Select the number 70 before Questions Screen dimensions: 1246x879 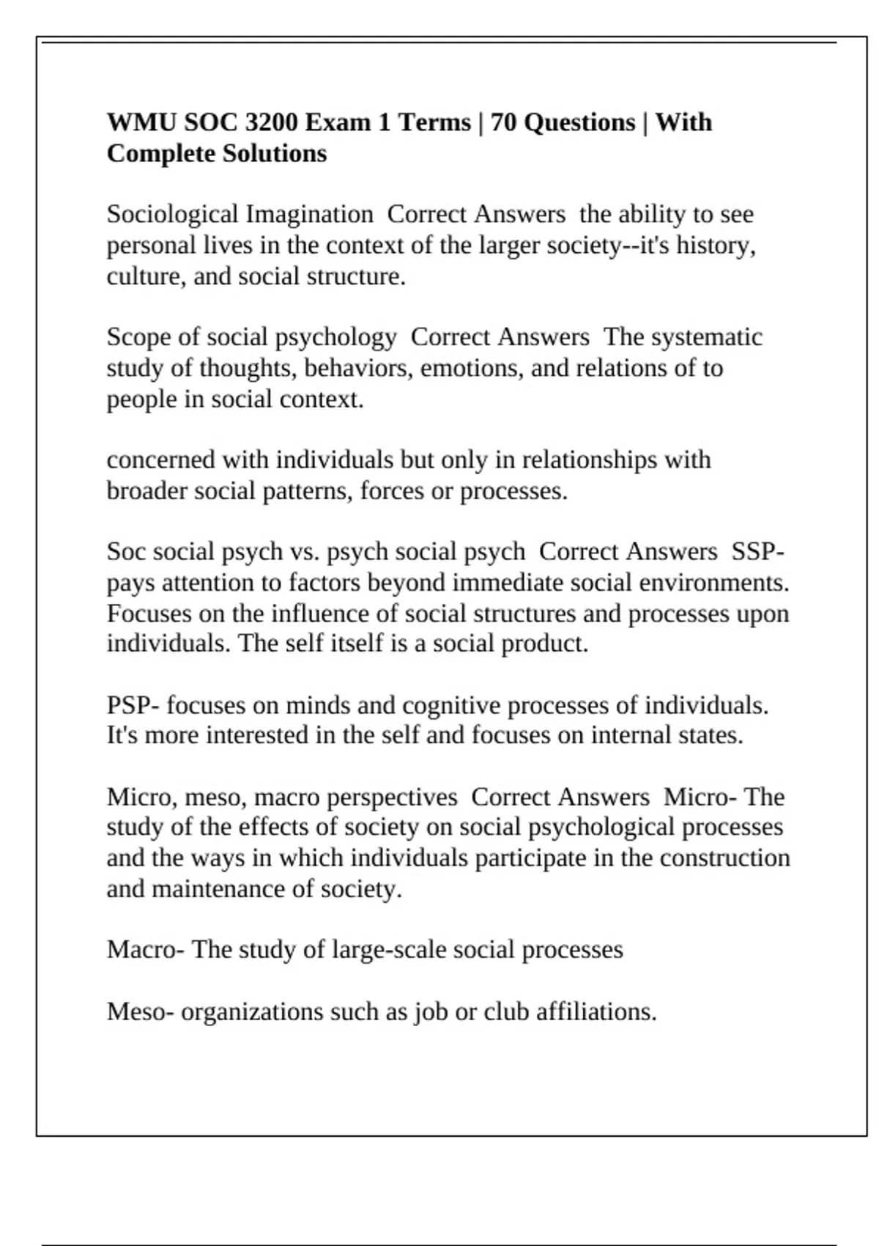[503, 122]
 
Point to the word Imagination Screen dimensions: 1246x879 [309, 215]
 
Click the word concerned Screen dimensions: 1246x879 [161, 460]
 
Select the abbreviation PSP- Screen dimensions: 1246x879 [133, 706]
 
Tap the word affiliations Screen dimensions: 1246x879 [596, 1012]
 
